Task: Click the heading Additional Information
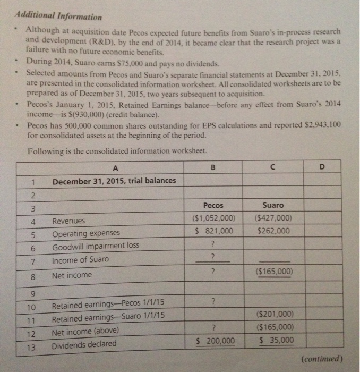(x=58, y=16)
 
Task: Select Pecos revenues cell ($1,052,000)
(x=213, y=218)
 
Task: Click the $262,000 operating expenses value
(x=273, y=231)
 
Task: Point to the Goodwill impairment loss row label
(x=96, y=246)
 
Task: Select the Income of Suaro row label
(x=80, y=260)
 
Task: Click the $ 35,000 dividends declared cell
(x=275, y=340)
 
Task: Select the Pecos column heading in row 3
(x=213, y=205)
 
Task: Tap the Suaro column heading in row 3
(x=273, y=205)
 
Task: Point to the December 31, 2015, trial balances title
(x=114, y=181)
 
